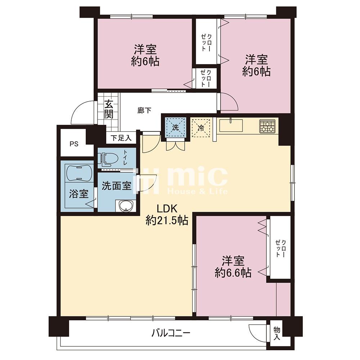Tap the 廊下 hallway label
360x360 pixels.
tap(144, 111)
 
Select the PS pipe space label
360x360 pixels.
tap(74, 144)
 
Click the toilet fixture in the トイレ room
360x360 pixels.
tap(108, 158)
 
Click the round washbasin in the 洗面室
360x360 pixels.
tap(125, 205)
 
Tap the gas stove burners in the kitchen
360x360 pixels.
tap(267, 126)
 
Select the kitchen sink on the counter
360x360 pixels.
tap(231, 125)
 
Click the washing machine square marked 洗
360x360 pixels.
tap(175, 127)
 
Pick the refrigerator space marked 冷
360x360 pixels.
tap(201, 128)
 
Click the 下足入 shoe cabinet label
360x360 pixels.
tap(121, 138)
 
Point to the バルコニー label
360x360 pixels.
tap(171, 333)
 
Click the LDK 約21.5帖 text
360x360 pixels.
tap(167, 215)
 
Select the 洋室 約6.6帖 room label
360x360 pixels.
tap(233, 267)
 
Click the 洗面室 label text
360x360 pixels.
tap(117, 185)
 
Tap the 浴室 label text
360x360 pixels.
tap(79, 194)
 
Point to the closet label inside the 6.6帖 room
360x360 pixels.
tap(280, 248)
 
